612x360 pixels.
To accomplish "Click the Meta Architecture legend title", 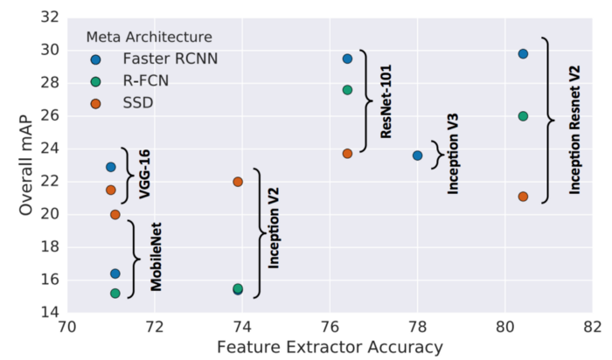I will point(149,37).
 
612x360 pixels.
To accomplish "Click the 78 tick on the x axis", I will point(417,328).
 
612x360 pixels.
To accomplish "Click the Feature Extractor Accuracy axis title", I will point(329,348).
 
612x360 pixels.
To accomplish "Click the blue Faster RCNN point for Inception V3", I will point(417,156).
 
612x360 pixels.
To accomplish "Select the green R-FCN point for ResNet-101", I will point(347,90).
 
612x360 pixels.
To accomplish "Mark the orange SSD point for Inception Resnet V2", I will point(523,197).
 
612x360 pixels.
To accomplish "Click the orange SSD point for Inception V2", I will point(238,182).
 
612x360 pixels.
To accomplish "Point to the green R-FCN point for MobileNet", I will point(115,294).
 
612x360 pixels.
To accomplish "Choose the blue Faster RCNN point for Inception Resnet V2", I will point(523,54).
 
